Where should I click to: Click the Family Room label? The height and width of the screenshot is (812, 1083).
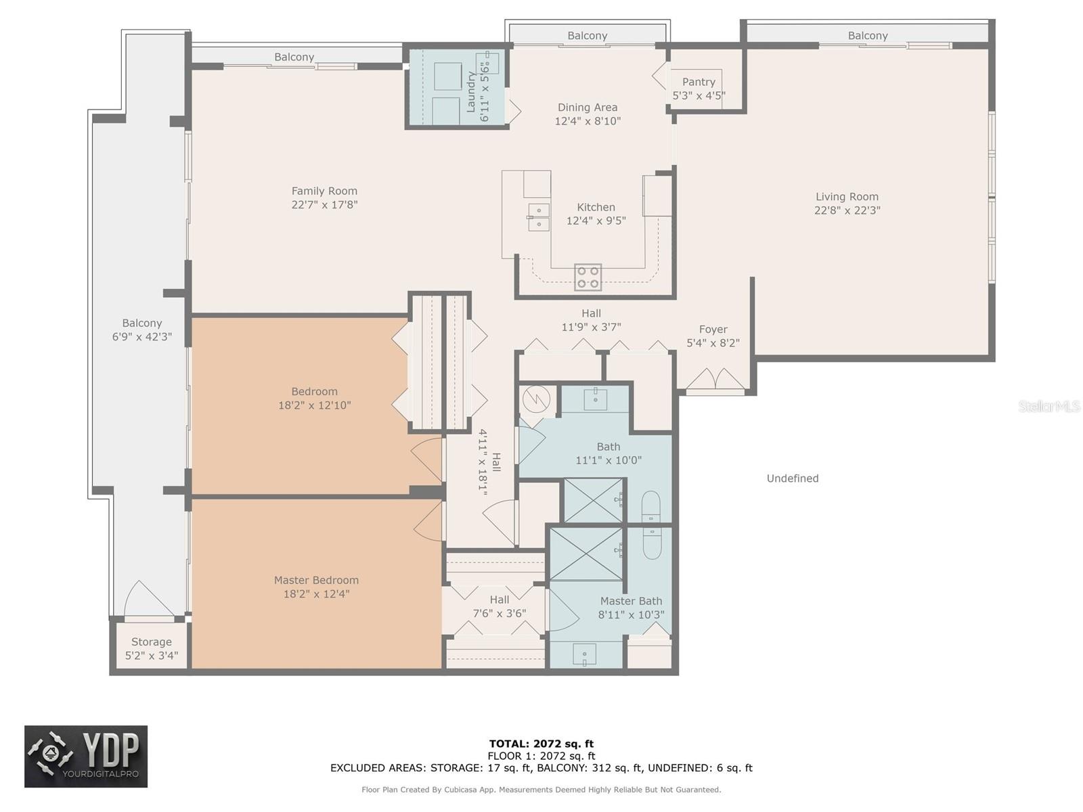[x=324, y=191]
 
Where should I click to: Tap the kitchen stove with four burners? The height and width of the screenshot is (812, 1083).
[x=588, y=277]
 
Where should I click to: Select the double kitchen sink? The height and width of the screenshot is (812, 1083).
[x=538, y=217]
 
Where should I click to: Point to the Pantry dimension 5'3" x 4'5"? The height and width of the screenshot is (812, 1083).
[x=699, y=95]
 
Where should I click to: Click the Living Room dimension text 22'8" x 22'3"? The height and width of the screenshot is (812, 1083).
[x=847, y=210]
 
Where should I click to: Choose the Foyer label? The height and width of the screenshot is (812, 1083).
[x=713, y=330]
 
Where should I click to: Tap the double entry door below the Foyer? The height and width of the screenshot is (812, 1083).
[x=715, y=379]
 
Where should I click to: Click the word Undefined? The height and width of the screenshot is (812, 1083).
[x=793, y=478]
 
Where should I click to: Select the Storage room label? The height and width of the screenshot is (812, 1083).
[x=152, y=642]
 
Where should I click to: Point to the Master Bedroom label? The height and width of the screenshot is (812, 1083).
[x=316, y=581]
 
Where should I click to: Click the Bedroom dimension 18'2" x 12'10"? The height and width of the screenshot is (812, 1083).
[x=314, y=405]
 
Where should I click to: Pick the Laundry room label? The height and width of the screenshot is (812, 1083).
[x=470, y=92]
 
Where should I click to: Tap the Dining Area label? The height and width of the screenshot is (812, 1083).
[x=587, y=108]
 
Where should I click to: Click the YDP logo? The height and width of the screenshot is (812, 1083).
[x=86, y=757]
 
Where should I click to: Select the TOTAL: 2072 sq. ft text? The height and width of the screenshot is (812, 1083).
[x=541, y=744]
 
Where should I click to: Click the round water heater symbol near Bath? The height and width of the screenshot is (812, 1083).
[x=536, y=399]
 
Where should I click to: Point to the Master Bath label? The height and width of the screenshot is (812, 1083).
[x=631, y=601]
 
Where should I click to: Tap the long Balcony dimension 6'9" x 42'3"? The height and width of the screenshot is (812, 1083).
[x=142, y=337]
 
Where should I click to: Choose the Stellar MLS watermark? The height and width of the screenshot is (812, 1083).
[x=1049, y=406]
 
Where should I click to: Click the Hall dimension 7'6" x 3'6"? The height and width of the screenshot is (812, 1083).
[x=500, y=613]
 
